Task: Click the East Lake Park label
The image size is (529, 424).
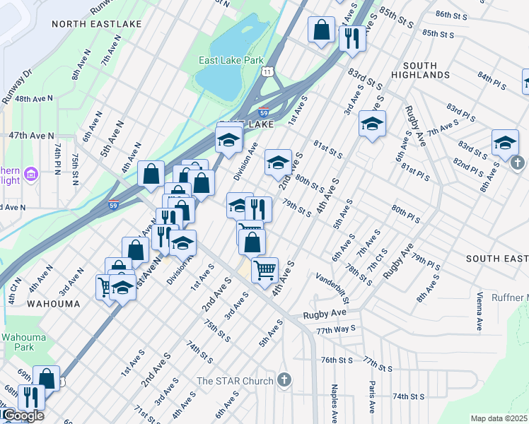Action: coord(231,61)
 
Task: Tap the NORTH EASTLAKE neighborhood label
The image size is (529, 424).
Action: coord(97,24)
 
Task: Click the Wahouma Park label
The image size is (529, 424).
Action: coord(18,342)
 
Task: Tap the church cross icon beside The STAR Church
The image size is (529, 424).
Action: coord(284,380)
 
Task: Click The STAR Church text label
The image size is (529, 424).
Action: coord(235,381)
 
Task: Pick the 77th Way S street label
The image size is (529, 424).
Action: coord(335,330)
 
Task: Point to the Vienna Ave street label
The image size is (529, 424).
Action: coord(479,311)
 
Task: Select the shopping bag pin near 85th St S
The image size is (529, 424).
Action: coord(321,30)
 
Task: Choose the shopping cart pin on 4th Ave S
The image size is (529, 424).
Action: coord(264,269)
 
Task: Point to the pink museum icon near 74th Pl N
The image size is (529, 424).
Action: coord(30,174)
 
